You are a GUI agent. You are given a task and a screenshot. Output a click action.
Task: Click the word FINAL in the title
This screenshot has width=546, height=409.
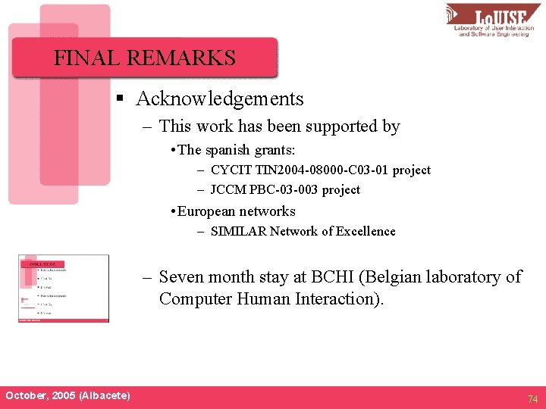point(82,58)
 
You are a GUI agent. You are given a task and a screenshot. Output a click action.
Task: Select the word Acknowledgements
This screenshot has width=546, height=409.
point(220,99)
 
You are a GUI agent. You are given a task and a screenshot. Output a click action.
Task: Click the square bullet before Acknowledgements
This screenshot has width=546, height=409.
point(119,99)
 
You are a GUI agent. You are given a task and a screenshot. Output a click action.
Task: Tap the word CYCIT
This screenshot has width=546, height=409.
point(231,170)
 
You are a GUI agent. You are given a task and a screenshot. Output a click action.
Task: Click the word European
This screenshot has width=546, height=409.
point(207,211)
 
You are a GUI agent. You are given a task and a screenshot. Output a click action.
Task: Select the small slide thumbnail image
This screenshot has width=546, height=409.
point(64,289)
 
